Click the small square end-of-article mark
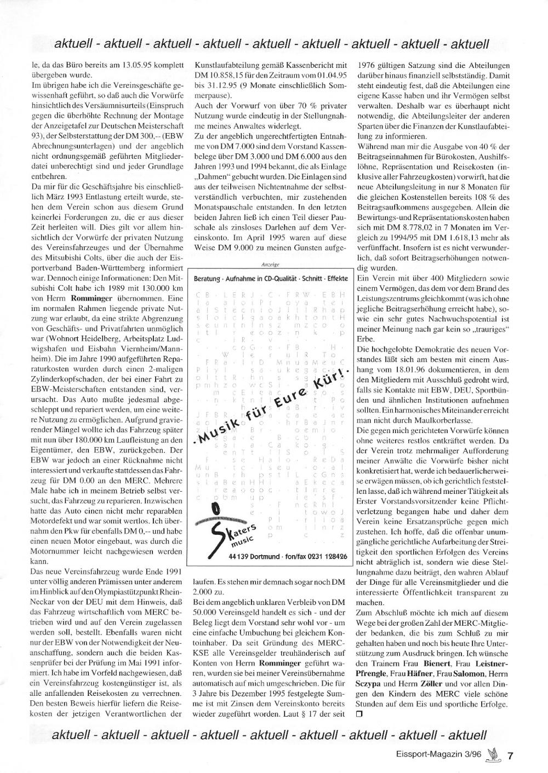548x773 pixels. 359,713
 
